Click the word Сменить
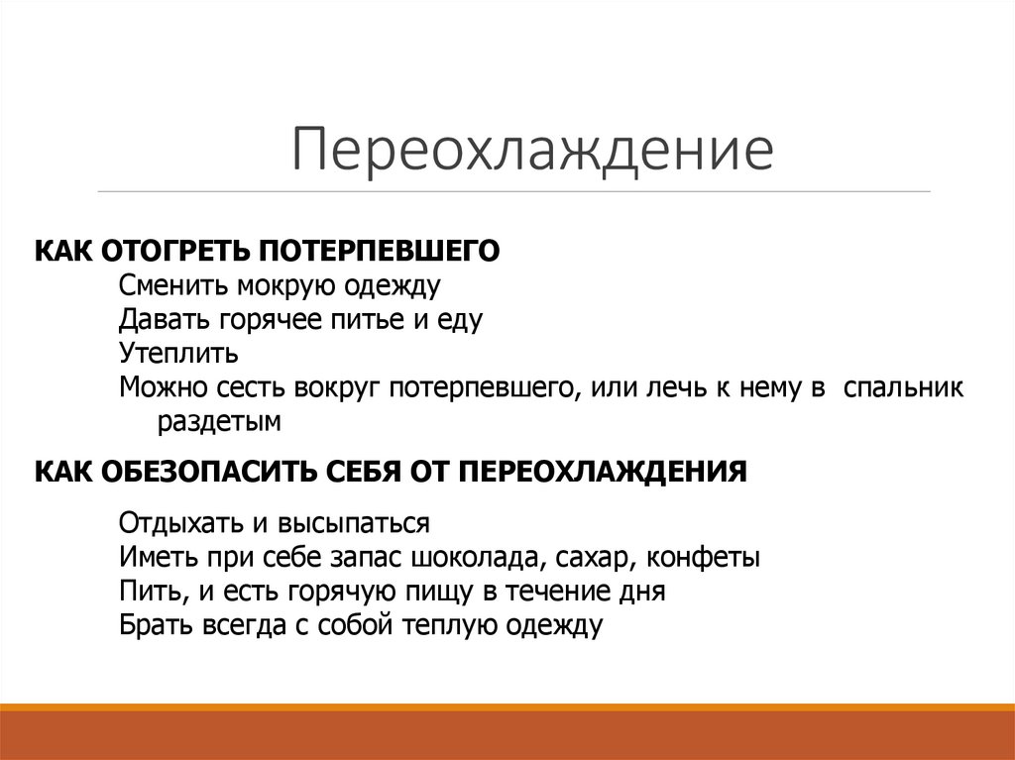[x=173, y=286]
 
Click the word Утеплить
[x=178, y=354]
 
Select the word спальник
[x=903, y=387]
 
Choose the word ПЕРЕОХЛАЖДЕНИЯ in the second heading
[x=603, y=470]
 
